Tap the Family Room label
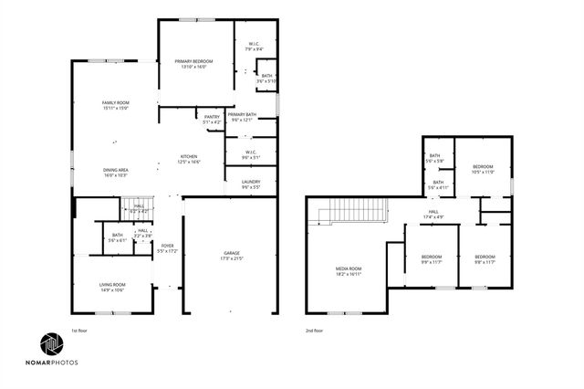tap(115, 104)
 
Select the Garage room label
tap(232, 255)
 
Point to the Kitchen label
tap(189, 159)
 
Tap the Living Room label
tap(112, 288)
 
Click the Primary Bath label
tap(243, 116)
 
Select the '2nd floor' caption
tap(315, 331)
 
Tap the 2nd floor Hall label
tap(433, 214)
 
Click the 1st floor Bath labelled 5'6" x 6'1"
tap(118, 237)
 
